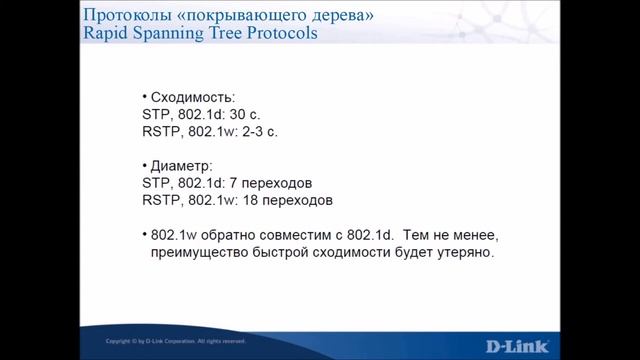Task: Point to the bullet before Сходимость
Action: [144, 97]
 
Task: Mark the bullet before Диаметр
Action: [144, 165]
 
